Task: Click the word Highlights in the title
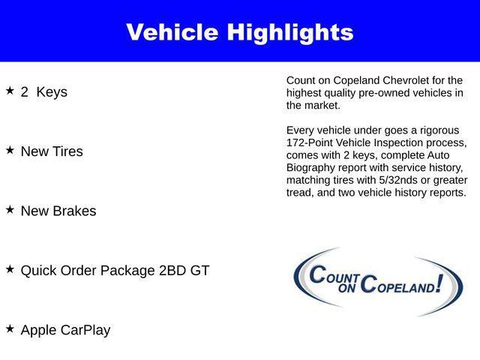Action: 290,32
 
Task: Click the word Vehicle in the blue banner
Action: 172,32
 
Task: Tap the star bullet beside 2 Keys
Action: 10,91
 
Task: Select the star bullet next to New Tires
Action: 10,150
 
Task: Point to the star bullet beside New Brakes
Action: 10,210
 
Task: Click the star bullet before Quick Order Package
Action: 10,268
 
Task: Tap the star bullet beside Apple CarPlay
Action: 10,328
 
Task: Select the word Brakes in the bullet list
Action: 73,211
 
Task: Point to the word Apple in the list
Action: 38,330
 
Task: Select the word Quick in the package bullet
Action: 39,270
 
